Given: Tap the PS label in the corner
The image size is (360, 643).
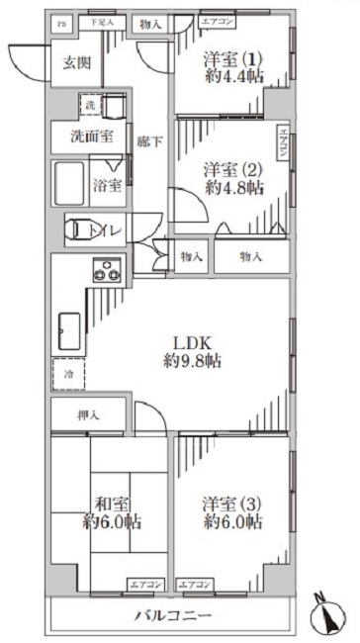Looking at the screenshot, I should (x=60, y=22).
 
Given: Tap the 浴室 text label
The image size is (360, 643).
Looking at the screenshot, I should (x=108, y=184).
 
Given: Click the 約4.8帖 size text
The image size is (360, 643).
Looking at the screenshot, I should (x=234, y=186).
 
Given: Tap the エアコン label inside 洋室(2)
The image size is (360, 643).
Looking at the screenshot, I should (x=283, y=145).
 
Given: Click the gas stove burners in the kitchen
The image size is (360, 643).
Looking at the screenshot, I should (x=107, y=267).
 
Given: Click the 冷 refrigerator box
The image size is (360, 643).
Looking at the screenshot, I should (x=69, y=374).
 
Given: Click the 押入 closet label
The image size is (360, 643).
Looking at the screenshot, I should (x=87, y=416).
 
